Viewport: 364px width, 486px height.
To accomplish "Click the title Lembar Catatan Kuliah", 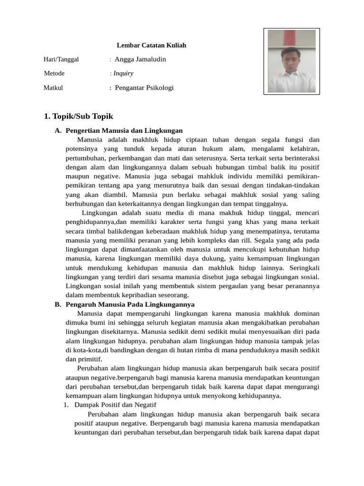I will [x=151, y=46].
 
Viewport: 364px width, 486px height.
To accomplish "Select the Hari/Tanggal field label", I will [x=61, y=59].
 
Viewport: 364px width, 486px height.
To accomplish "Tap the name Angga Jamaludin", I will [x=140, y=59].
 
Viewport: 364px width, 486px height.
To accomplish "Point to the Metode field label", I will [x=54, y=74].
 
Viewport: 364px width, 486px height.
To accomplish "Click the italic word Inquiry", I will [x=123, y=74].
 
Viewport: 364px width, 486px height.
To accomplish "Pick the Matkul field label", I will [x=53, y=88].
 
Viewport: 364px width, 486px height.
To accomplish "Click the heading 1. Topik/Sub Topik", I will [x=78, y=116].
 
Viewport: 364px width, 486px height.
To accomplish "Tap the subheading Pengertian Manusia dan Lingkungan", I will [x=124, y=131].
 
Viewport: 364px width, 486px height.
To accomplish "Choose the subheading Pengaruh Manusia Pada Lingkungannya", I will [x=130, y=305].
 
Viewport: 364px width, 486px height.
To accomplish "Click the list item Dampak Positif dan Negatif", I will [x=115, y=405].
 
